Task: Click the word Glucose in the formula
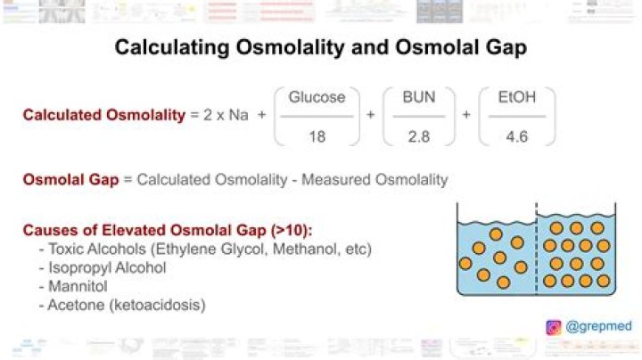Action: pyautogui.click(x=317, y=97)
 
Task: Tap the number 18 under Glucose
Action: pyautogui.click(x=317, y=136)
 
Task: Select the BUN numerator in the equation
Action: pyautogui.click(x=419, y=97)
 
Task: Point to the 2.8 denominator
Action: pyautogui.click(x=419, y=136)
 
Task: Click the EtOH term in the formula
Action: pyautogui.click(x=516, y=97)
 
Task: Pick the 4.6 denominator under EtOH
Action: pyautogui.click(x=516, y=136)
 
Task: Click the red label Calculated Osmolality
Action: pyautogui.click(x=104, y=115)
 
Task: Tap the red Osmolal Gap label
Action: pyautogui.click(x=70, y=180)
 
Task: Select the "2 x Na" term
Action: pyautogui.click(x=226, y=115)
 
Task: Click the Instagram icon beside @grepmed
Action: pyautogui.click(x=554, y=327)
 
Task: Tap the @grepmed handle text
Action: pyautogui.click(x=598, y=326)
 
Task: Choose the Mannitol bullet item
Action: pyautogui.click(x=73, y=286)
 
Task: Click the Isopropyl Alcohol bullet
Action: pyautogui.click(x=103, y=268)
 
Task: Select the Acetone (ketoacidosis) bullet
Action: pyautogui.click(x=122, y=305)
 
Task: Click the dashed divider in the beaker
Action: pyautogui.click(x=537, y=249)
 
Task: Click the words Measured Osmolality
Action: pyautogui.click(x=374, y=180)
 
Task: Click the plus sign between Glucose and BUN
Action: pyautogui.click(x=371, y=115)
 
